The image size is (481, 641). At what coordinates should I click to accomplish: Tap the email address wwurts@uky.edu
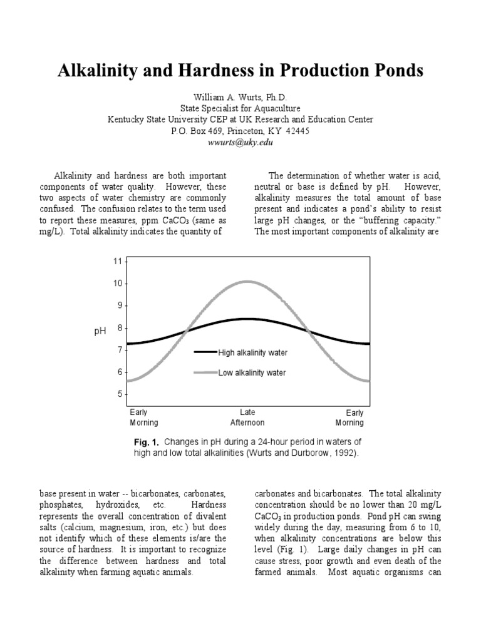pyautogui.click(x=240, y=142)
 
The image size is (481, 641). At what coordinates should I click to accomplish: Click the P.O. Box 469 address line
pyautogui.click(x=240, y=131)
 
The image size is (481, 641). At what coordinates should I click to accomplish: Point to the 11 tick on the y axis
pyautogui.click(x=117, y=261)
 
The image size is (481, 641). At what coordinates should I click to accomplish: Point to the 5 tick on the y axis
pyautogui.click(x=117, y=394)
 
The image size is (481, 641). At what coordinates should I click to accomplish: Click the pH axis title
pyautogui.click(x=100, y=331)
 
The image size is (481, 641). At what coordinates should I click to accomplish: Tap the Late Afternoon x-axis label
pyautogui.click(x=247, y=418)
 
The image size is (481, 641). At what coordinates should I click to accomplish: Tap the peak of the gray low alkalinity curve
pyautogui.click(x=247, y=282)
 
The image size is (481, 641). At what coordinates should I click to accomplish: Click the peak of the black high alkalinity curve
pyautogui.click(x=247, y=319)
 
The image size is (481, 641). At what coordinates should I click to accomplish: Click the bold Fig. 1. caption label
pyautogui.click(x=147, y=442)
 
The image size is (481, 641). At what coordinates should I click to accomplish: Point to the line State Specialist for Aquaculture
pyautogui.click(x=240, y=108)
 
